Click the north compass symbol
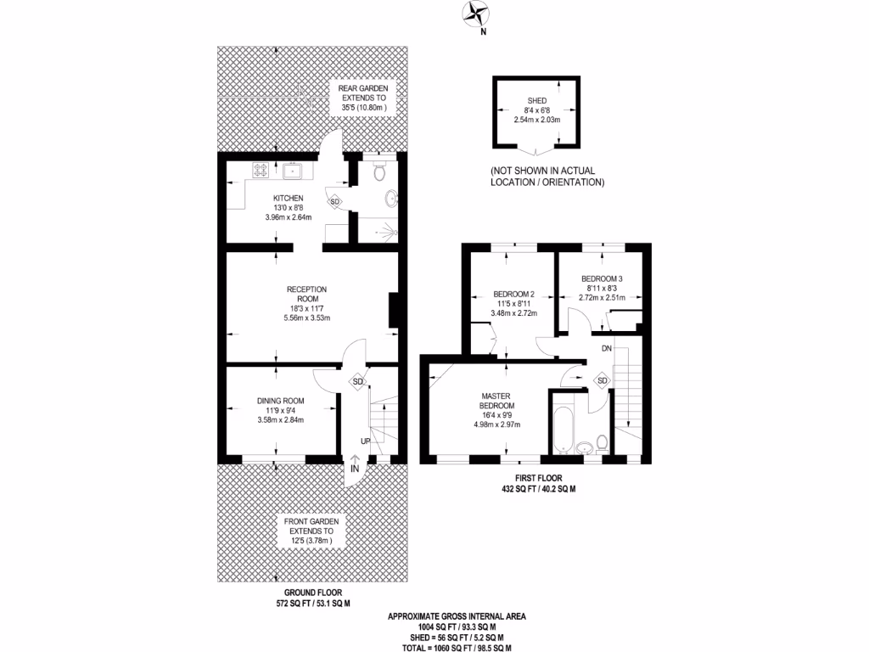[474, 14]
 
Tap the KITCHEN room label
[288, 198]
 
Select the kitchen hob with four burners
[261, 171]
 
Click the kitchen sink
[294, 171]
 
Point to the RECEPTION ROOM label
[306, 294]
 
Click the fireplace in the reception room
[393, 310]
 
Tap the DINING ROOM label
[280, 401]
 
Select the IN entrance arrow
[355, 465]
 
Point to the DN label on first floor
[606, 348]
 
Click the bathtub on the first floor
[563, 427]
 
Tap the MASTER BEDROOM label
[496, 402]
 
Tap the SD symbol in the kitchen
[335, 202]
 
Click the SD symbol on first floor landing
[602, 380]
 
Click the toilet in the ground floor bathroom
[380, 173]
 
